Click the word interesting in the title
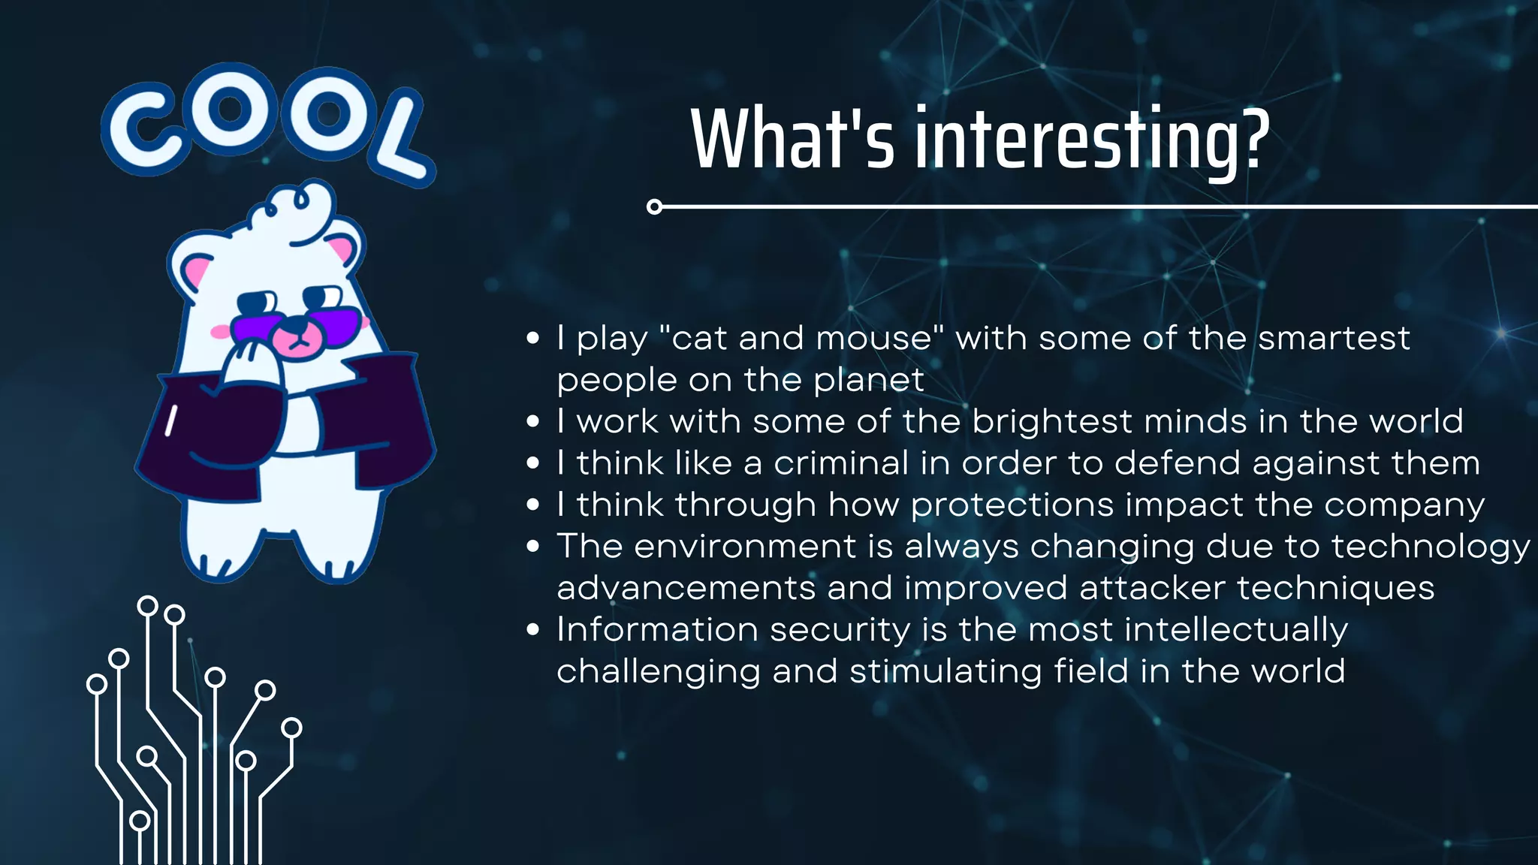1074,140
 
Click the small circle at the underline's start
654,206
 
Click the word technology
1431,547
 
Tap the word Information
657,629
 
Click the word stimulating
945,671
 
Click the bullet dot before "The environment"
533,546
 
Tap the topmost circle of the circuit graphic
148,605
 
